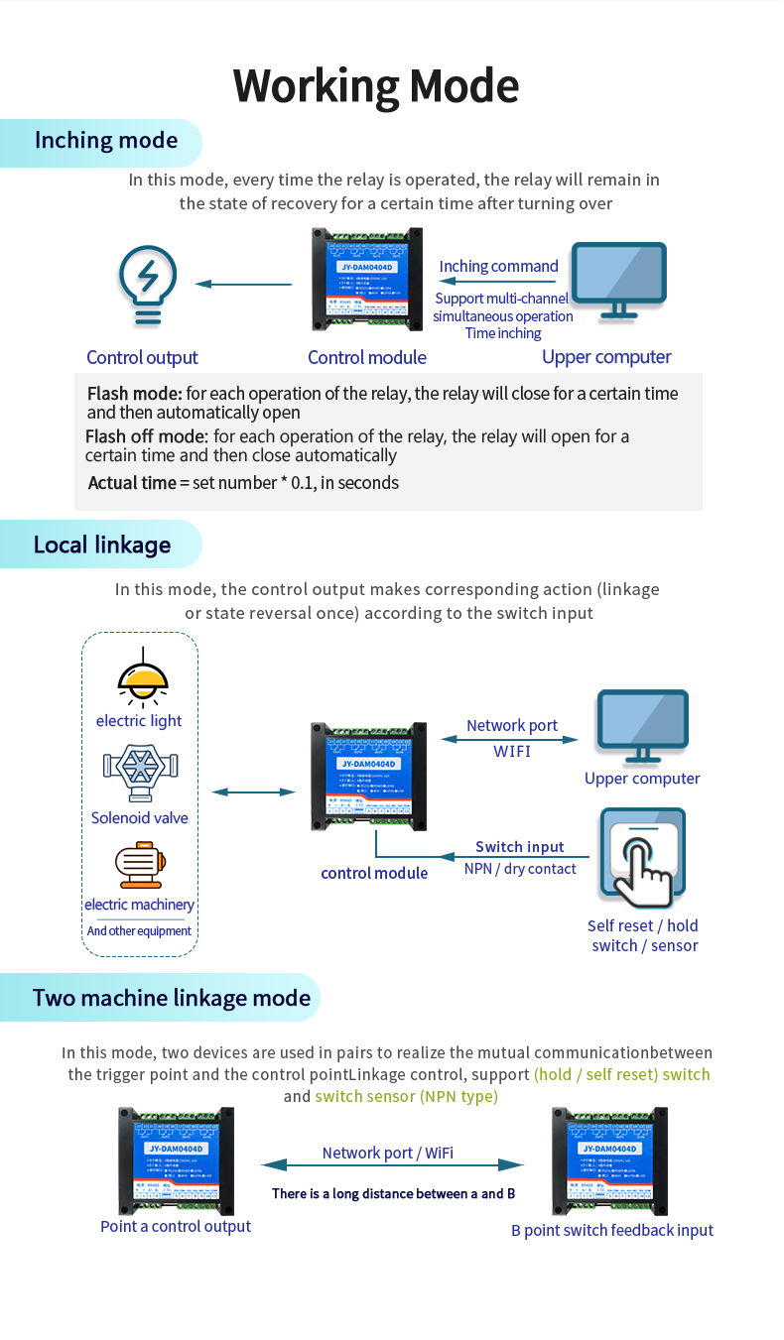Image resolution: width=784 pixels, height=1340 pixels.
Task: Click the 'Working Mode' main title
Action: coord(376,86)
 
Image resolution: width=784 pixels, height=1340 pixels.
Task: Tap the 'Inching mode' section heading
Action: coord(106,141)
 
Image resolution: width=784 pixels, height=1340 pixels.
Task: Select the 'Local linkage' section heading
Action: coord(102,545)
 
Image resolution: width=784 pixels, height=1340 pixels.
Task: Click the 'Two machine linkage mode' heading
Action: coord(172,998)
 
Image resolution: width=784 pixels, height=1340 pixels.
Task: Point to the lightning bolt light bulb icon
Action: coord(147,284)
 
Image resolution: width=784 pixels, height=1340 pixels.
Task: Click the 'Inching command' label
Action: coord(498,266)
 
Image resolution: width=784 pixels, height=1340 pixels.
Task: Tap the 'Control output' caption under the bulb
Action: coord(142,358)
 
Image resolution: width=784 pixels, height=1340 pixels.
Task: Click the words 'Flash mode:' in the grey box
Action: coord(134,394)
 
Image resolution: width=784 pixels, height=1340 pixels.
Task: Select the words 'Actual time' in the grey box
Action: coord(132,483)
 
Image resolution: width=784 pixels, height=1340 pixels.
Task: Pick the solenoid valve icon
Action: coord(140,774)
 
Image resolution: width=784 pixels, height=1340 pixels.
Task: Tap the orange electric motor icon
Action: coord(140,864)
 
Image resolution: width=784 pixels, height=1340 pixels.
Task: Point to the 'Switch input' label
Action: coord(519,847)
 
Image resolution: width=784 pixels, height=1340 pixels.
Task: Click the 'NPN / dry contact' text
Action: coord(520,869)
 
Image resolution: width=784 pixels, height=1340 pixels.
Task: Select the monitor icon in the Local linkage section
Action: coord(642,725)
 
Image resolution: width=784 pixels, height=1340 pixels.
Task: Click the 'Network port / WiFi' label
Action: coord(388,1153)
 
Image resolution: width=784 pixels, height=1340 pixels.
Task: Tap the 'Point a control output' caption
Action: coord(176,1227)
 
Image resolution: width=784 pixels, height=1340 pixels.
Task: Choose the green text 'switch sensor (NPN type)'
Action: coord(406,1096)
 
